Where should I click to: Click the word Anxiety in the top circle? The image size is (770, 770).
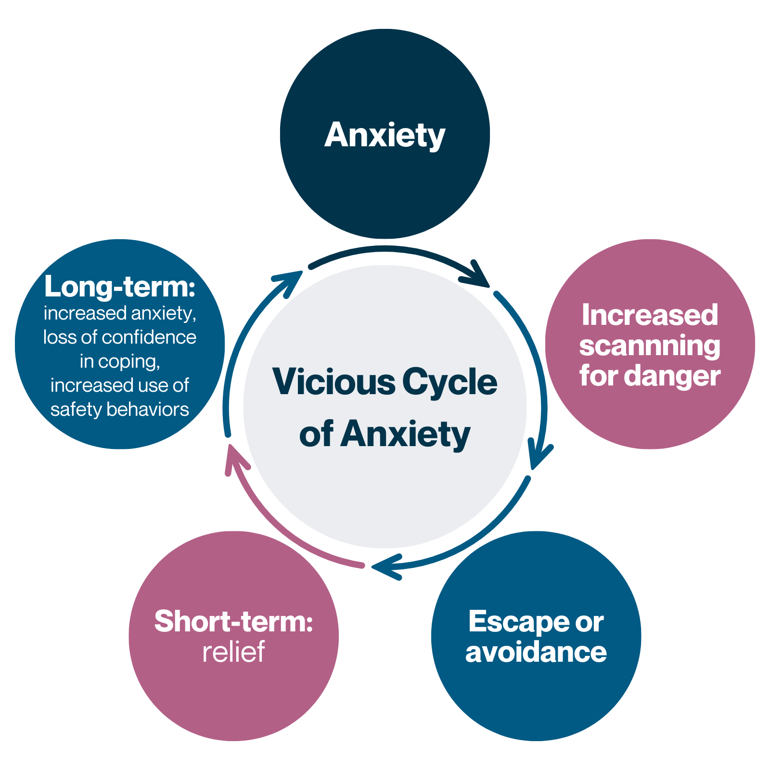pyautogui.click(x=385, y=135)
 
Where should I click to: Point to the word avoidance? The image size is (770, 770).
pyautogui.click(x=536, y=653)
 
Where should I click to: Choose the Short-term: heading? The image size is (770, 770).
pyautogui.click(x=233, y=621)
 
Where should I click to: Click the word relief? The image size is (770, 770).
pyautogui.click(x=233, y=652)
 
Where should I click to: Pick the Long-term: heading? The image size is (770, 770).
pyautogui.click(x=119, y=287)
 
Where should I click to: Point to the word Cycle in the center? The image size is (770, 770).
pyautogui.click(x=449, y=382)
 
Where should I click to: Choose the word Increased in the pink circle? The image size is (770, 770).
pyautogui.click(x=650, y=315)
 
